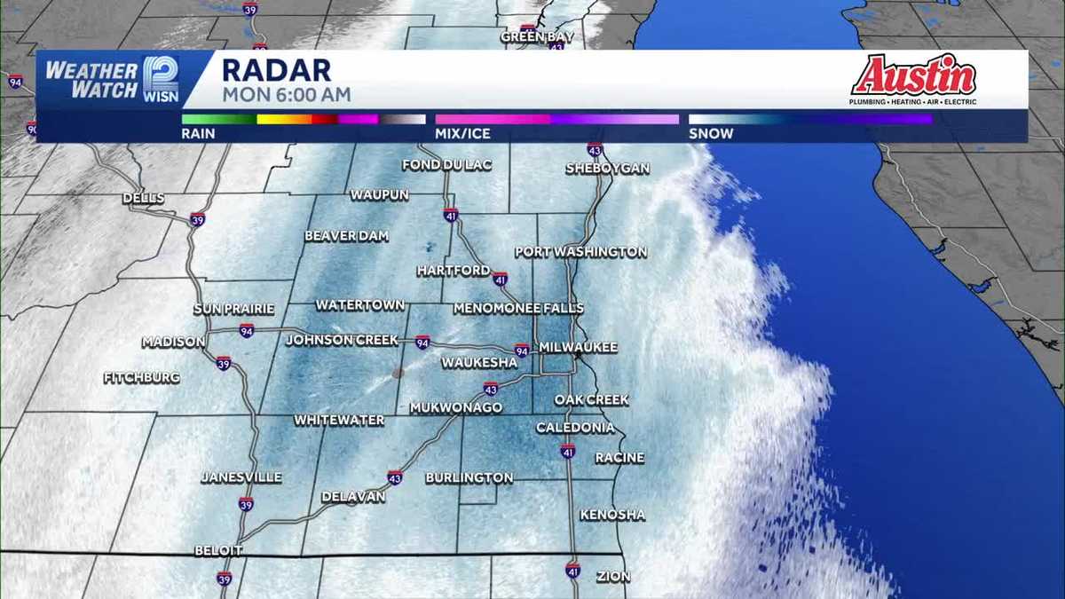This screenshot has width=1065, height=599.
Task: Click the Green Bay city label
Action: coord(537,37)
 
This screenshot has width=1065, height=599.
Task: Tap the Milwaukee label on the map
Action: coord(578,347)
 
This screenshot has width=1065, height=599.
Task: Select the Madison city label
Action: coord(174,343)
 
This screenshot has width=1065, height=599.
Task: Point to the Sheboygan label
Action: coord(608,169)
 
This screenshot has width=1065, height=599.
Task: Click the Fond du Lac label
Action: coord(443,165)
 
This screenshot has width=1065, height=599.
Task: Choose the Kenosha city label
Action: coord(612,515)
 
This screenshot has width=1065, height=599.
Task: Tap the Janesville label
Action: coord(241,477)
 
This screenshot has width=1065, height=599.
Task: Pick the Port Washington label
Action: coord(581,252)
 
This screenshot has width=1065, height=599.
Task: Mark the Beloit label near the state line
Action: coord(218,551)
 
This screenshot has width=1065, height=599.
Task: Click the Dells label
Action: coord(143,197)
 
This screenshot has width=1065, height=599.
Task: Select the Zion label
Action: coord(613,577)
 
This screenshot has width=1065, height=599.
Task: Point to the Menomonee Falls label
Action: coord(518,308)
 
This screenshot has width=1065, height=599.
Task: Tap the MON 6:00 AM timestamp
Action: coord(286,94)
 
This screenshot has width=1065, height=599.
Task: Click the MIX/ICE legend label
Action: coord(462,134)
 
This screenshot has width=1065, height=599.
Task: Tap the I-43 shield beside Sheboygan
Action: coord(595,149)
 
